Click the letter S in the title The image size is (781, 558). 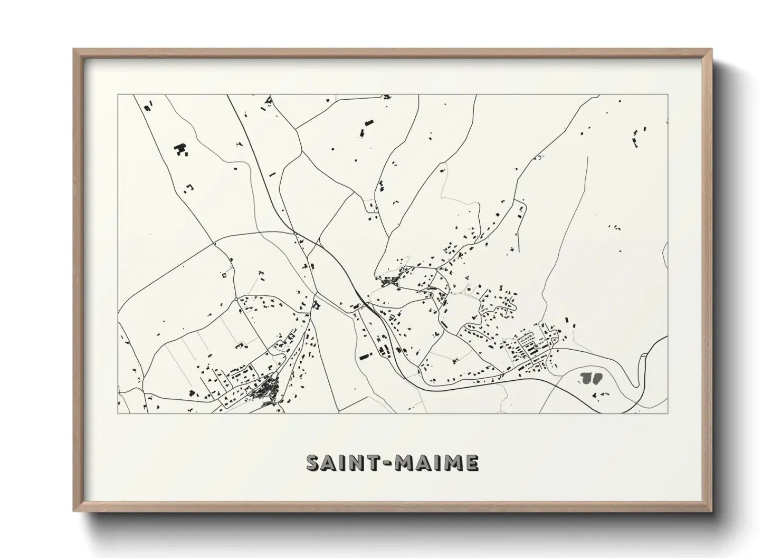(315, 463)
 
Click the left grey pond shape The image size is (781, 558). (585, 377)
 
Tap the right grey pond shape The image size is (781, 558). (596, 377)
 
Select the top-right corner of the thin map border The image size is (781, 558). (668, 95)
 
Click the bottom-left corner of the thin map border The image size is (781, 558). (118, 413)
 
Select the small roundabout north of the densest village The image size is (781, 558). (236, 299)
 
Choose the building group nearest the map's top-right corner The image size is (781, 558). (640, 136)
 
